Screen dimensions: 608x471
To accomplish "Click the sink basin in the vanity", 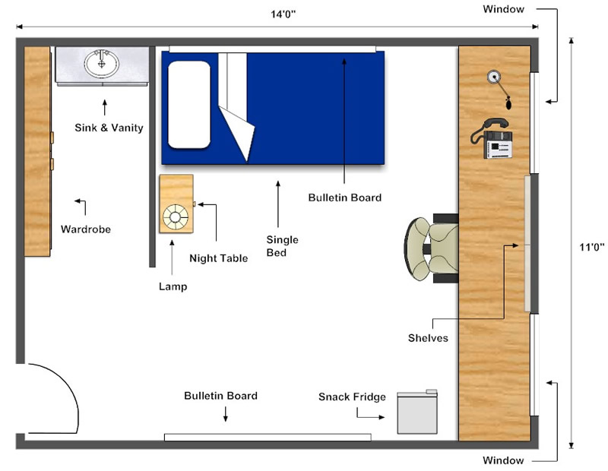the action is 102,63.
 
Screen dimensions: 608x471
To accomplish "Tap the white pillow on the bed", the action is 189,105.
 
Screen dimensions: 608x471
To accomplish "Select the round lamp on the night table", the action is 176,217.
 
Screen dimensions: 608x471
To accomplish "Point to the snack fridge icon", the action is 417,412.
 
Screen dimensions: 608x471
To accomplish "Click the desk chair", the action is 431,248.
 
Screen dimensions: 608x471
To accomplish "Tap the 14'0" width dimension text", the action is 283,14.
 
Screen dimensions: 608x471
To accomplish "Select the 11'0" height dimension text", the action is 592,247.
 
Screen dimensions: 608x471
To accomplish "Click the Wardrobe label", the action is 86,229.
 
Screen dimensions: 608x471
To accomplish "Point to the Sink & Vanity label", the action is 109,128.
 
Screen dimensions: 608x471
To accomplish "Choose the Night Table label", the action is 219,258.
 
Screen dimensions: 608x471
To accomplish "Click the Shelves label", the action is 428,338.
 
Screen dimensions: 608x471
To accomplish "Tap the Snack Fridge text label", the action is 352,397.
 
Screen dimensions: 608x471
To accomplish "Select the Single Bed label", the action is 282,246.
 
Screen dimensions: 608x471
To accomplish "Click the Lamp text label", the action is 173,286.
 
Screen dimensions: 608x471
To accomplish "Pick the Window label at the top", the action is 503,9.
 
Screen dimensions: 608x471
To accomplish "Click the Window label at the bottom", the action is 503,460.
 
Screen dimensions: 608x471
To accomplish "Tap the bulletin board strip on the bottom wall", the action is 268,438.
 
